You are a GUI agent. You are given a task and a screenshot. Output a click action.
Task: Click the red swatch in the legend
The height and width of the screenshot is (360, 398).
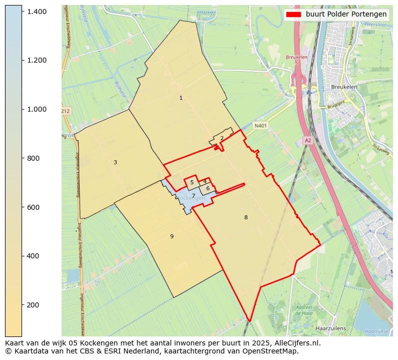click(x=294, y=14)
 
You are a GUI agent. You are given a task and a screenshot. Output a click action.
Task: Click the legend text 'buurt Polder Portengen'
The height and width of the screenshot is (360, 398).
click(x=346, y=14)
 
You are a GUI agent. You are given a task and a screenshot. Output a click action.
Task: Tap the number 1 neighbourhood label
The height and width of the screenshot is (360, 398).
click(x=181, y=98)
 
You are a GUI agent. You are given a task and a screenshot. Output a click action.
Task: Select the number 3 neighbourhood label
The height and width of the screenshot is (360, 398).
click(x=115, y=162)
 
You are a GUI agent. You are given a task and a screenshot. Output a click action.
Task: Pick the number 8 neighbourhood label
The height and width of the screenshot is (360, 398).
click(x=246, y=217)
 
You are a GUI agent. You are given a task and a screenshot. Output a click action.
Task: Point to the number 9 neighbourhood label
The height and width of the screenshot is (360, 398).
click(x=172, y=236)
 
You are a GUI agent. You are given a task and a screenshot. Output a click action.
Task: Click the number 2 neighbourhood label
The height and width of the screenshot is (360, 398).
click(x=222, y=138)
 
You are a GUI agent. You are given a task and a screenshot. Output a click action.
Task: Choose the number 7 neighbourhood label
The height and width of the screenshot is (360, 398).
click(x=193, y=196)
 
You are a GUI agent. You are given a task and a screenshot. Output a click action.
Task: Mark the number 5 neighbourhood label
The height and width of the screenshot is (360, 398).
click(x=192, y=182)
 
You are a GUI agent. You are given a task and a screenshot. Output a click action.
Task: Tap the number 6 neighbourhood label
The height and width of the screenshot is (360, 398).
click(x=208, y=188)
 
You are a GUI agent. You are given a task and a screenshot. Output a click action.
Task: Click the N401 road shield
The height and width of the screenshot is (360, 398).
click(x=260, y=126)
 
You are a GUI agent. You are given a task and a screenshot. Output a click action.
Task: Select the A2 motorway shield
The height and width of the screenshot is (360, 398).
click(x=308, y=141)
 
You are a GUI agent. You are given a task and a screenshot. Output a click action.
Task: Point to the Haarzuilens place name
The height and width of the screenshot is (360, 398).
click(x=331, y=328)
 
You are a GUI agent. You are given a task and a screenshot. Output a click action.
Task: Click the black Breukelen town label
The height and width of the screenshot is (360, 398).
click(x=344, y=87)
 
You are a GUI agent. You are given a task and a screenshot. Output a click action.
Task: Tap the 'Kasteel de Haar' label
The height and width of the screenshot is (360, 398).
click(x=304, y=309)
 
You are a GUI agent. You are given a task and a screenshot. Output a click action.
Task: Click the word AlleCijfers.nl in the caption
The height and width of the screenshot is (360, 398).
click(x=294, y=343)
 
